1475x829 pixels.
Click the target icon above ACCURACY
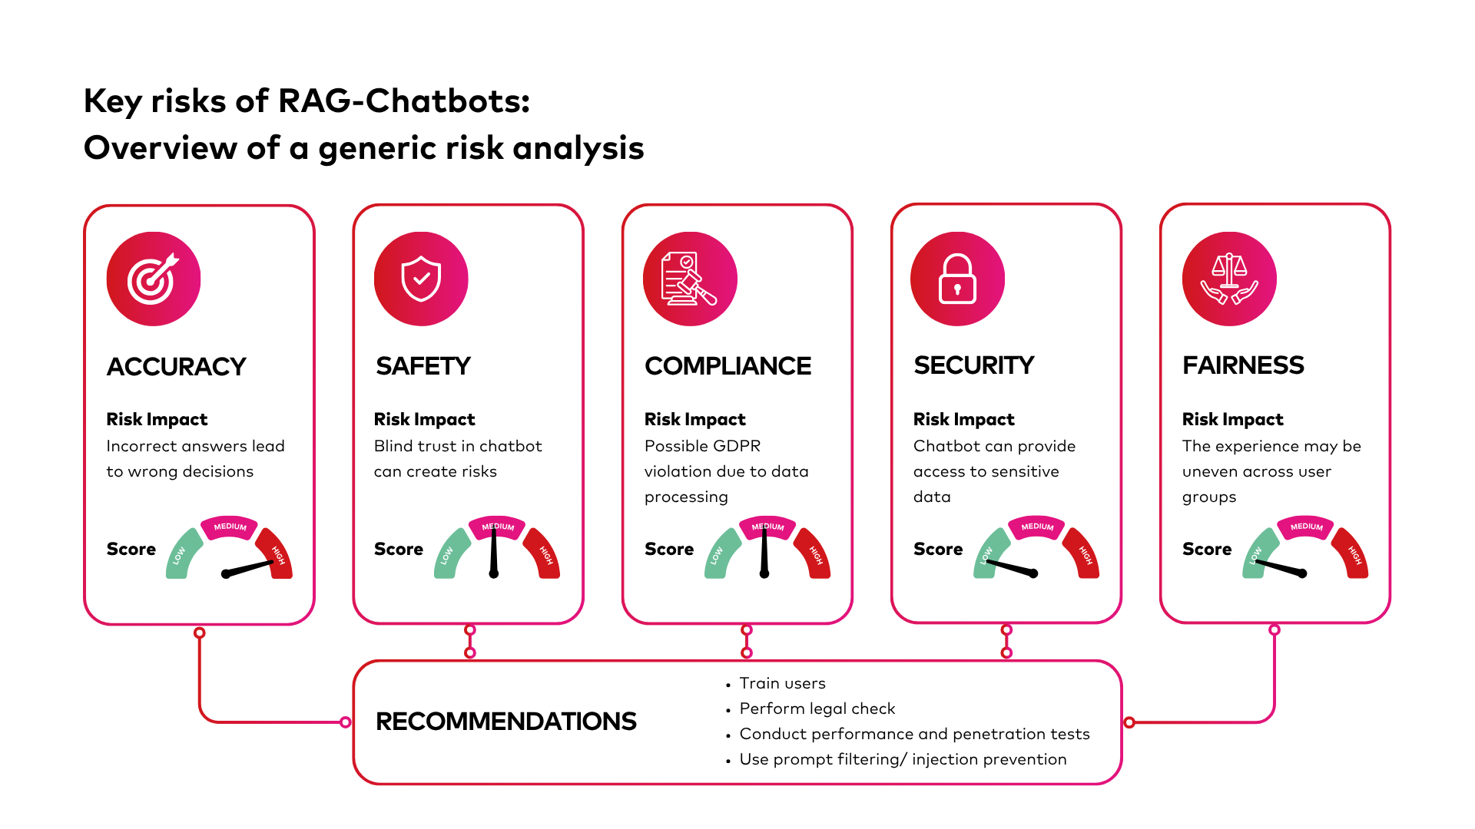tap(154, 279)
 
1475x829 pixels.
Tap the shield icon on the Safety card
tap(421, 279)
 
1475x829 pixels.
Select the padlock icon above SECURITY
tap(957, 279)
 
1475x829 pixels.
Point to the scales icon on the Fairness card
tap(1229, 279)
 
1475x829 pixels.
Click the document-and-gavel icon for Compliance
tap(689, 279)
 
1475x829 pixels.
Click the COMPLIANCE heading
tap(728, 366)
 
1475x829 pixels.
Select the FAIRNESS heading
tap(1243, 365)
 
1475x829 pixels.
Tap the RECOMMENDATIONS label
tap(505, 722)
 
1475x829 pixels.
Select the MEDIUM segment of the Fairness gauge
tap(1306, 527)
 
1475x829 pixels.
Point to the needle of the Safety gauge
tap(493, 551)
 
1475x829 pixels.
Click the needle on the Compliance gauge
tap(764, 551)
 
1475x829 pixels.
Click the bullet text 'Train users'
tap(782, 683)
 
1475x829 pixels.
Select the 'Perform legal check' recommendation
tap(817, 708)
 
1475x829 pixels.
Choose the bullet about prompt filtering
tap(903, 759)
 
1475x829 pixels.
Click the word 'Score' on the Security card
tap(938, 549)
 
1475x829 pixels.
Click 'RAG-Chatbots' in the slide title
tap(403, 101)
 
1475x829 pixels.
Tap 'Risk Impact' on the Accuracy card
tap(157, 419)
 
